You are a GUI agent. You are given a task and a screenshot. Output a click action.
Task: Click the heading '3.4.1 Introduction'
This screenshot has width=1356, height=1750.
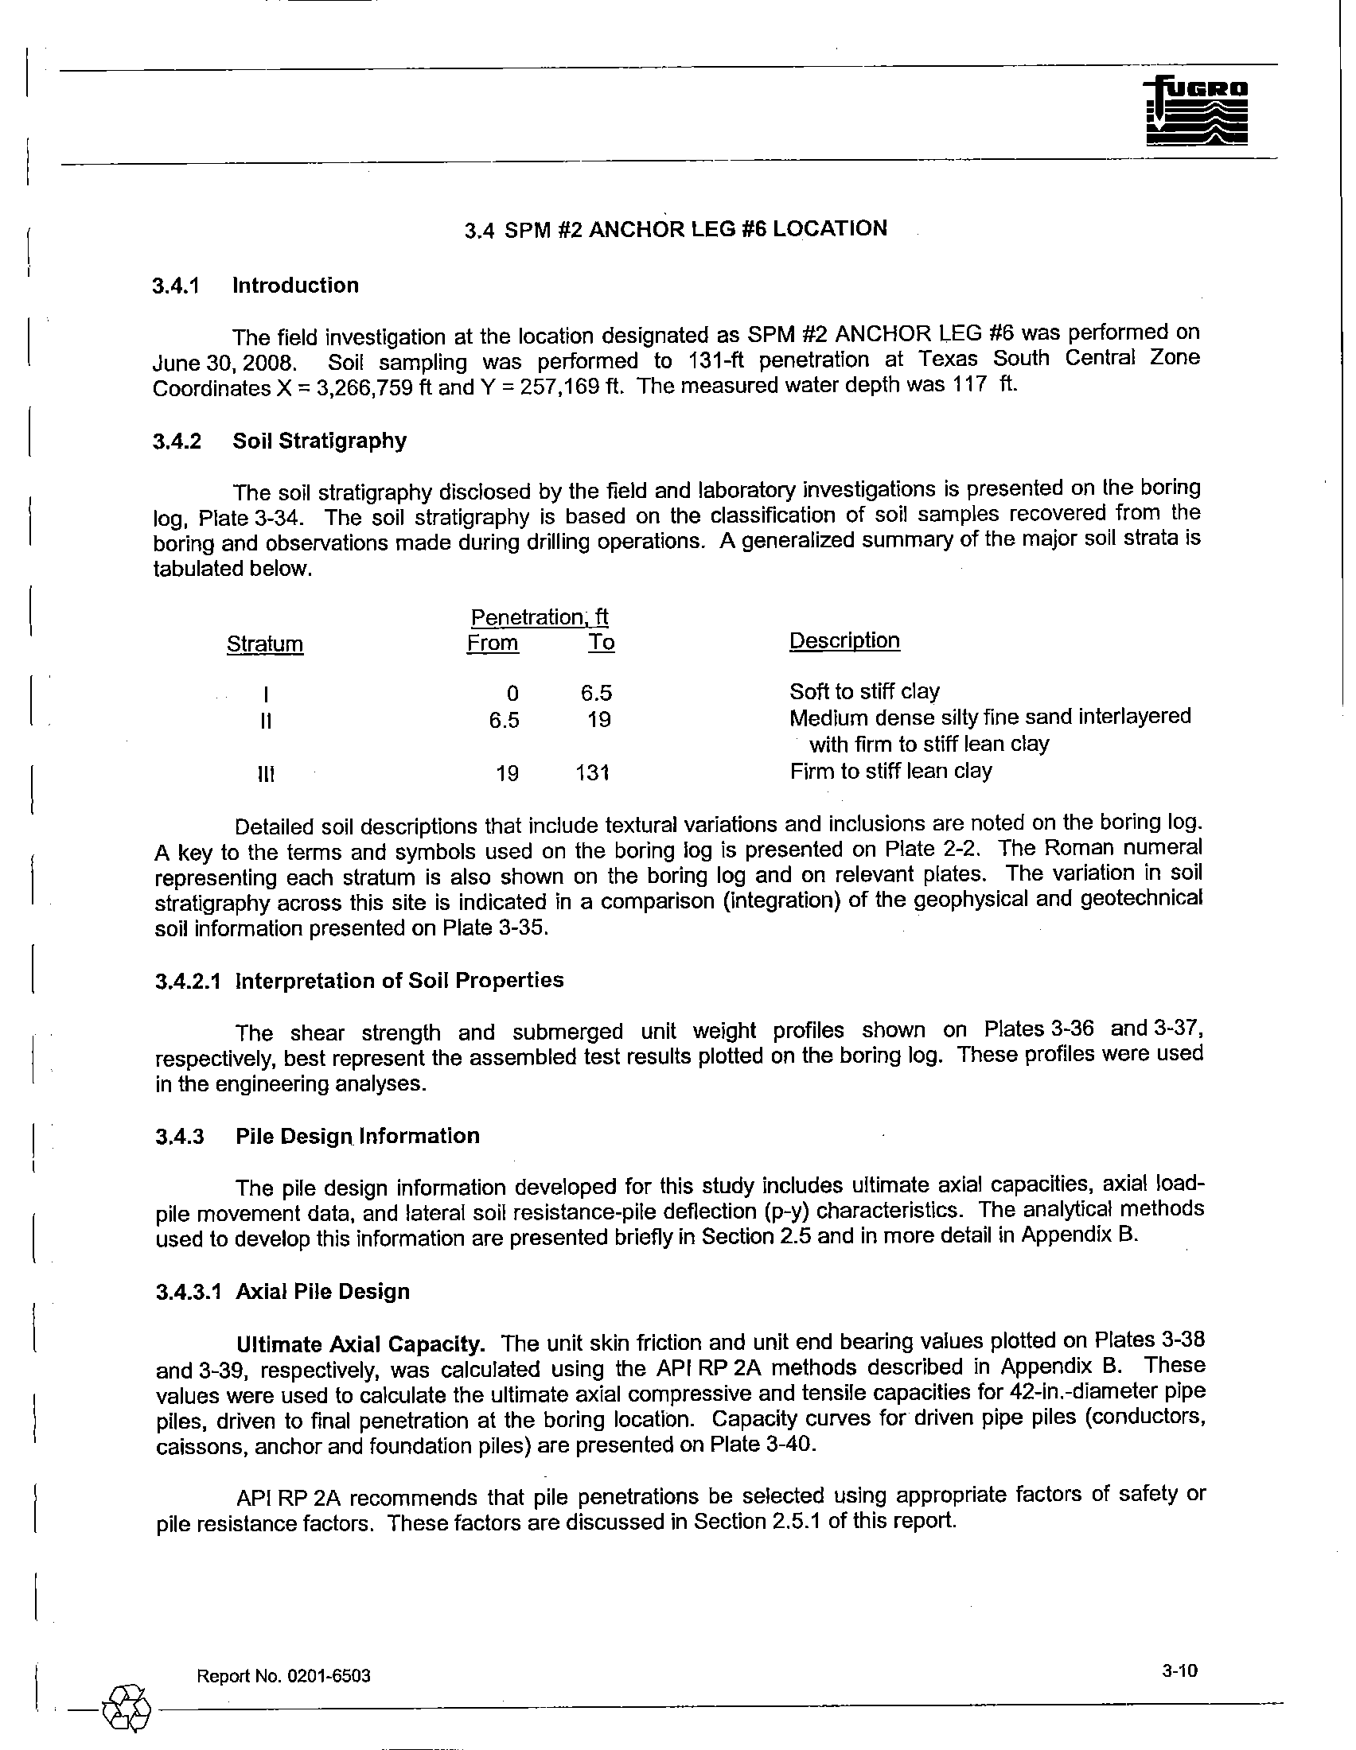(255, 286)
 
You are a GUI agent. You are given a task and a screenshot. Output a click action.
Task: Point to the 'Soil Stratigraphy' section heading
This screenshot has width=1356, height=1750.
(319, 441)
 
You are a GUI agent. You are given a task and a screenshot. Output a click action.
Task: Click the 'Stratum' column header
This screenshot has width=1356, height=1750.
(265, 644)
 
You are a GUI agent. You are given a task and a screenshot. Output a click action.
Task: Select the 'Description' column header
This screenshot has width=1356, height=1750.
(844, 640)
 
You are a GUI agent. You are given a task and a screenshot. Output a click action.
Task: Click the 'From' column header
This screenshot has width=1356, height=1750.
(493, 643)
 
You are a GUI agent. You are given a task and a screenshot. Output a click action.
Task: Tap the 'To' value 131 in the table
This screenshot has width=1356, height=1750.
(593, 772)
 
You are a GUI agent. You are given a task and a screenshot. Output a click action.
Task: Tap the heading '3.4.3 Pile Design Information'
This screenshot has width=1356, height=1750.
(318, 1135)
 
